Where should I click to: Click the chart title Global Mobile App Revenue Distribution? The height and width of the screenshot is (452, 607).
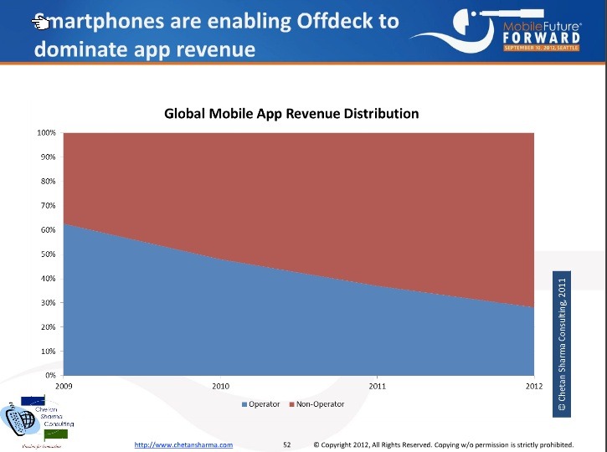(x=291, y=113)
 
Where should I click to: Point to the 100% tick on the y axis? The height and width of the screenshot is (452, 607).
(x=46, y=133)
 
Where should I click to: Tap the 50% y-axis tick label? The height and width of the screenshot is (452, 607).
(x=48, y=254)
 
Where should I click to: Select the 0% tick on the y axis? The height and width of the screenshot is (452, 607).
(x=50, y=375)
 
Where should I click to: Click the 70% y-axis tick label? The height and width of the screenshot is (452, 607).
(x=48, y=206)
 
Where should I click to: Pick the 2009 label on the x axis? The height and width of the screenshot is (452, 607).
(x=64, y=387)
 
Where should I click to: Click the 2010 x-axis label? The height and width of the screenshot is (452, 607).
(x=220, y=387)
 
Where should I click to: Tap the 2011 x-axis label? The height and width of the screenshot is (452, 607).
(x=378, y=387)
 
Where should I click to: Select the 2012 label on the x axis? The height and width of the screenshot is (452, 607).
(x=534, y=387)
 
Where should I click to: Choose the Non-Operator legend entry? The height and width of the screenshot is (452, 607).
(x=317, y=404)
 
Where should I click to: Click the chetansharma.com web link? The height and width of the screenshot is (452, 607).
(x=183, y=444)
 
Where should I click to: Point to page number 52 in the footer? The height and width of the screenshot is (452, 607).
(x=286, y=444)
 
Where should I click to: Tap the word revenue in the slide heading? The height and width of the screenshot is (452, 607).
(x=213, y=49)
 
